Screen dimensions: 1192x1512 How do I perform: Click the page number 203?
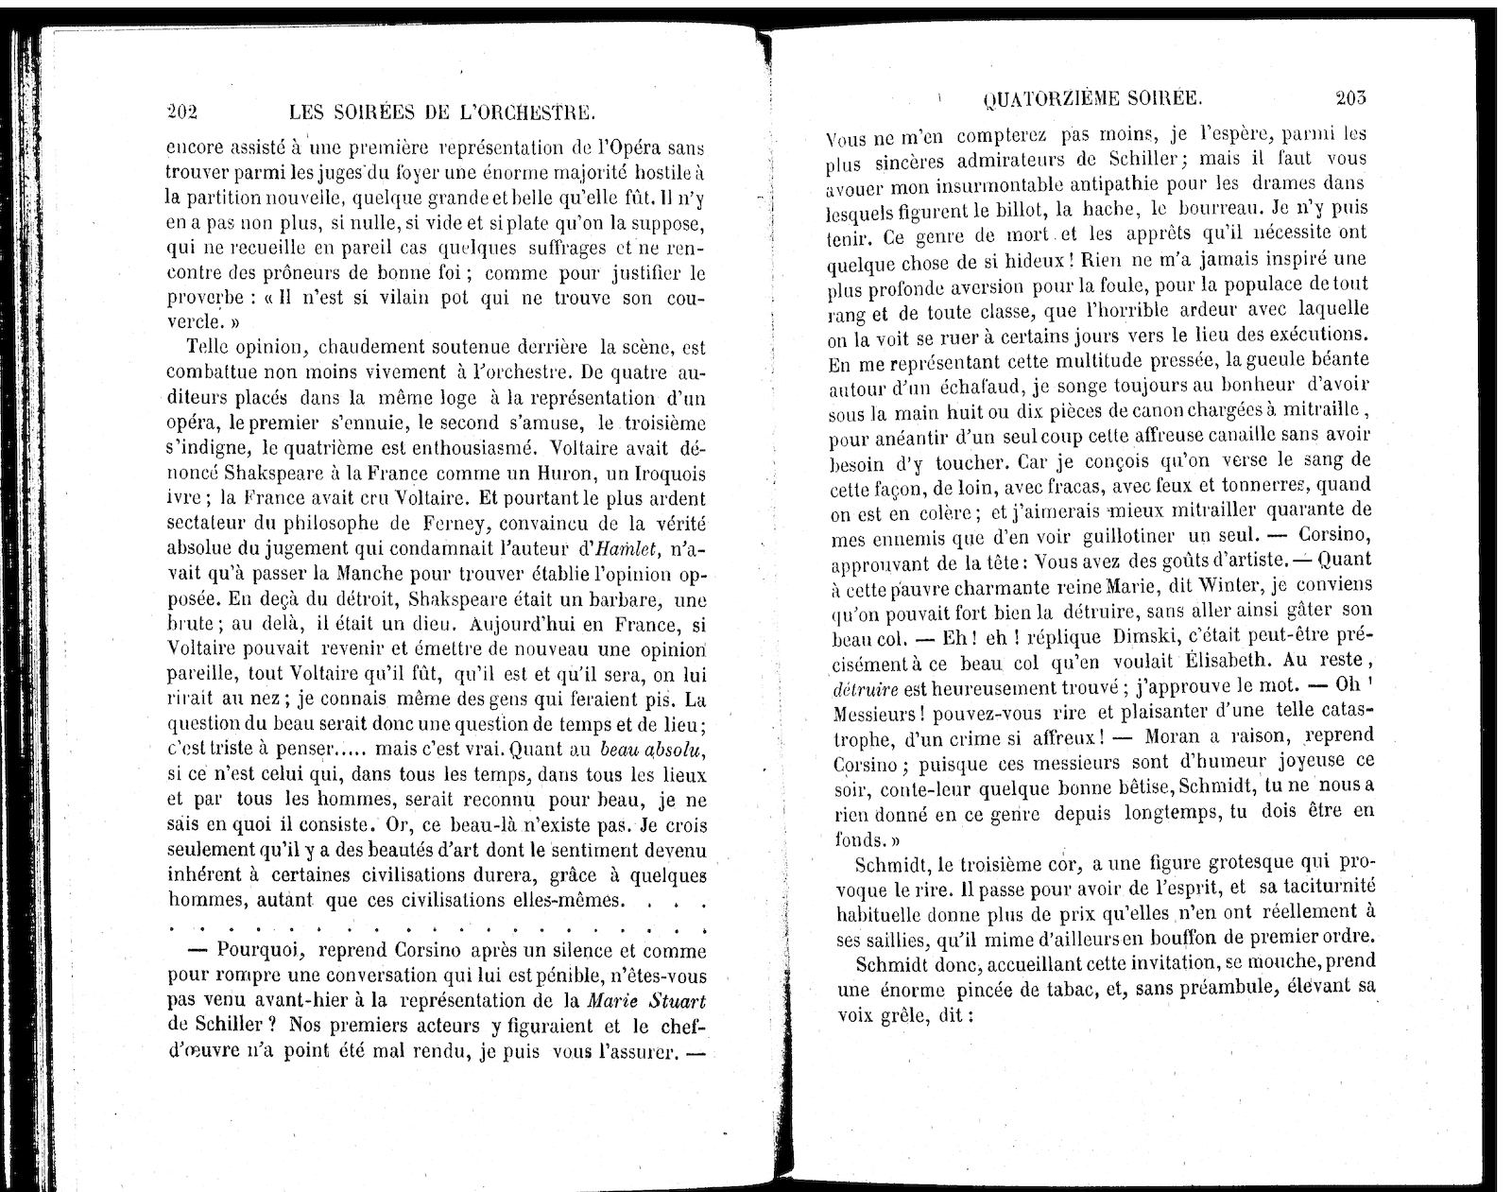pyautogui.click(x=1351, y=97)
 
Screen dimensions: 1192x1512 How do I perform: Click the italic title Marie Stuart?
pyautogui.click(x=646, y=1000)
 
